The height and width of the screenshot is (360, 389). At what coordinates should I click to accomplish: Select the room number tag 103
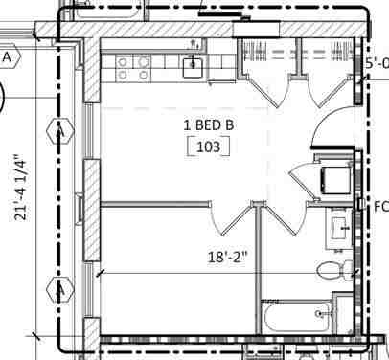click(209, 147)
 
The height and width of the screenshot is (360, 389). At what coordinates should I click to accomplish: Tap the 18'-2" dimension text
click(228, 257)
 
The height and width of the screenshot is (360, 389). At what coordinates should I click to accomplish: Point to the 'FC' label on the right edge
click(379, 206)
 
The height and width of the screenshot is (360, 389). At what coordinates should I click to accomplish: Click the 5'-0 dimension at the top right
click(376, 64)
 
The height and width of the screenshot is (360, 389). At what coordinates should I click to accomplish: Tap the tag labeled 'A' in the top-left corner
click(8, 57)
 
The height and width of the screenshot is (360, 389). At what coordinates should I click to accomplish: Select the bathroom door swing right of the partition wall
click(284, 219)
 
